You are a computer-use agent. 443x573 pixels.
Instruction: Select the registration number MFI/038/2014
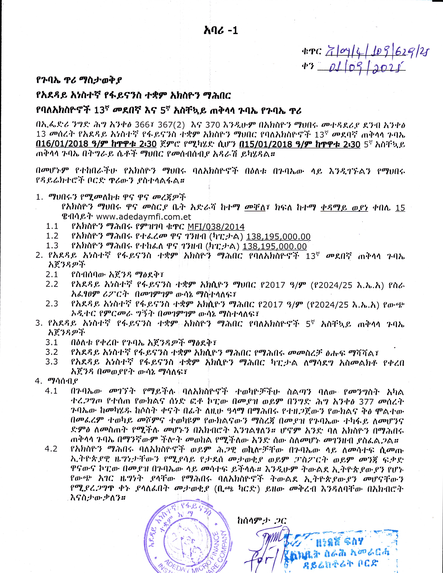(x=216, y=227)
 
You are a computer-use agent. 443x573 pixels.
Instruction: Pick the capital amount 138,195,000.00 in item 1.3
(x=274, y=246)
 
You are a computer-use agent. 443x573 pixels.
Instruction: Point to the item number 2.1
(x=52, y=274)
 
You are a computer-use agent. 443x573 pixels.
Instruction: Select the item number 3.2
(x=52, y=352)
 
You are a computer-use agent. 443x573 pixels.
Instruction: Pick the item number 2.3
(x=52, y=304)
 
